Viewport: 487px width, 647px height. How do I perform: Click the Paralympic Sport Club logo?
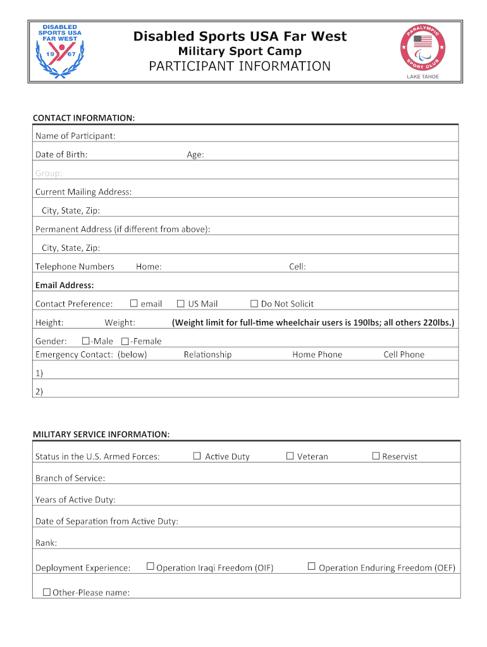point(423,50)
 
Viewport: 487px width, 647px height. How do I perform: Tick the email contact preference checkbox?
point(133,303)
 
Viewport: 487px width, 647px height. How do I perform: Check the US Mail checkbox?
point(181,303)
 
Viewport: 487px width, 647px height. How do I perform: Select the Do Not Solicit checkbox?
point(254,303)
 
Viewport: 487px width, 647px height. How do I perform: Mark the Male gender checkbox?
point(86,341)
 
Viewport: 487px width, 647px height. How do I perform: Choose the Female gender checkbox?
point(125,341)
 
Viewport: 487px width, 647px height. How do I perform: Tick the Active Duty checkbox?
point(197,456)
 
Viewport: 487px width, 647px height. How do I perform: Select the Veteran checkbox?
point(290,456)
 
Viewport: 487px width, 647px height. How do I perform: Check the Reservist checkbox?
point(376,456)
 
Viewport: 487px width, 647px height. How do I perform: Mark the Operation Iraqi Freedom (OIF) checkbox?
point(150,566)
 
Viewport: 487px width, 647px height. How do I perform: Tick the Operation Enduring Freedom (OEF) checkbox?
point(311,566)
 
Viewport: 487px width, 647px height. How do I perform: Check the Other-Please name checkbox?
point(46,592)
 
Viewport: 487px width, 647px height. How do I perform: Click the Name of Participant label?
point(75,136)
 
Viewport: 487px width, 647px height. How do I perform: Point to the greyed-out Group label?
point(49,173)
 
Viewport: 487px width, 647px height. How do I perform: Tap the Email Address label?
point(65,285)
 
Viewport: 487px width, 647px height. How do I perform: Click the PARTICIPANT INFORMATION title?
point(239,66)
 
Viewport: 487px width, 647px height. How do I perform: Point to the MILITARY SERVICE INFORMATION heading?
point(101,434)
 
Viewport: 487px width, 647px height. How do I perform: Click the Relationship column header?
point(207,354)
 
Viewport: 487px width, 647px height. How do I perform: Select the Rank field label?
point(46,542)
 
